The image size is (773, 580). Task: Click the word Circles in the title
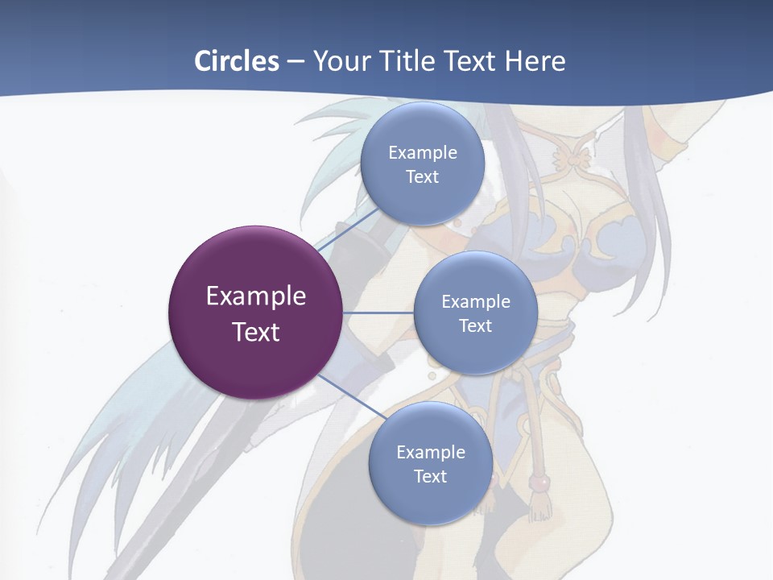236,61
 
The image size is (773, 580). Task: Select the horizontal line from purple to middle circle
378,312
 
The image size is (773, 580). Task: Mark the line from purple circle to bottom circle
350,396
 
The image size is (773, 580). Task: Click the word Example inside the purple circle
256,296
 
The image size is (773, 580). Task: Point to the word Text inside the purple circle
256,332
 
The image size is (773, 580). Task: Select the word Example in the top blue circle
423,152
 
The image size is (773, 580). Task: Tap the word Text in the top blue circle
422,177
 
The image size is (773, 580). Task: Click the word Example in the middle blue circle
476,301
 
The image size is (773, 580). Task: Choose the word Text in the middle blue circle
475,325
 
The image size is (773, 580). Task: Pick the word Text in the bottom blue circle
430,476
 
